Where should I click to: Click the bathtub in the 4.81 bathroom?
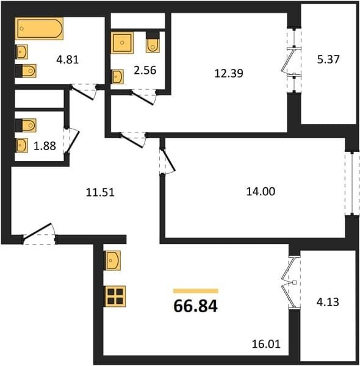(39, 29)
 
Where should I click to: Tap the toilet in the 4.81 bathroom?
(26, 71)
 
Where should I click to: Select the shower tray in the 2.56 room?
(122, 43)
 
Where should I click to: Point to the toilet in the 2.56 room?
(153, 43)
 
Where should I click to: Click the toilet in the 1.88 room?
(26, 126)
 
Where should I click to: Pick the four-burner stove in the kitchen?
(115, 296)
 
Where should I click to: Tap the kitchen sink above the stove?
(113, 260)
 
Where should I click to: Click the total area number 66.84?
(196, 306)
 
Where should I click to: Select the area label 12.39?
(229, 73)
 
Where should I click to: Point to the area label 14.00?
(261, 192)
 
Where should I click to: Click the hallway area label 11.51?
(100, 193)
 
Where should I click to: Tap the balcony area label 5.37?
(328, 60)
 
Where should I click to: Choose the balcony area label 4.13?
(328, 302)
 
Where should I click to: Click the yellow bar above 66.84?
(196, 291)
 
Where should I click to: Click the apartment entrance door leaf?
(37, 231)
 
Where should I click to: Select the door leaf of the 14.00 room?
(169, 160)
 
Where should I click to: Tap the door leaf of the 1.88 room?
(73, 142)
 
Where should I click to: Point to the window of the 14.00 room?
(352, 183)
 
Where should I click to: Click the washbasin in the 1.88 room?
(22, 145)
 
